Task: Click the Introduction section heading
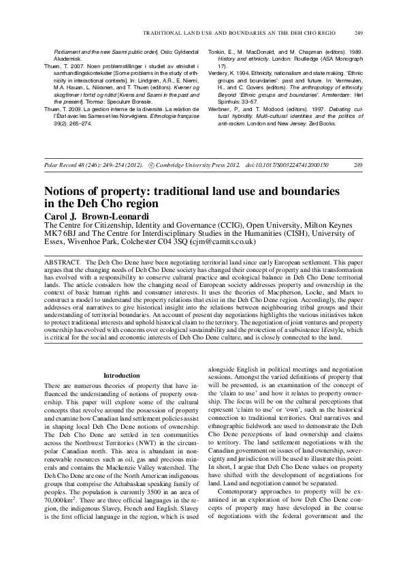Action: [x=120, y=375]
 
